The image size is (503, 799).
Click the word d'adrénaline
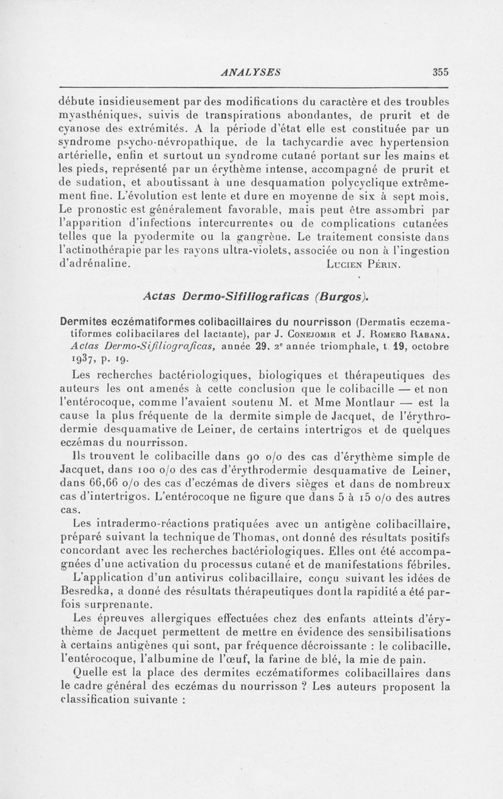[96, 264]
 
